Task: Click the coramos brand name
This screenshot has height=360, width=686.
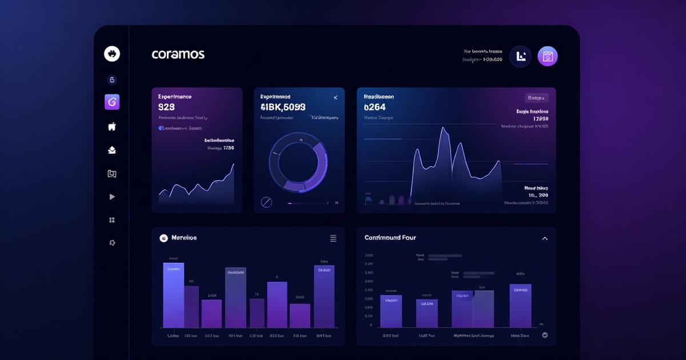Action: point(178,54)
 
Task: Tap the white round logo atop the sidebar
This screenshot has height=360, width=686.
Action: point(112,54)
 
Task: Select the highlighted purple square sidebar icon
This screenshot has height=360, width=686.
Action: point(112,102)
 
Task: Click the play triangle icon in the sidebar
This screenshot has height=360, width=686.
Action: point(112,197)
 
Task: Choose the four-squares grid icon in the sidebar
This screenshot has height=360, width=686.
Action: point(112,220)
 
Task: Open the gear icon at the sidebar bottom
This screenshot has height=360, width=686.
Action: point(112,243)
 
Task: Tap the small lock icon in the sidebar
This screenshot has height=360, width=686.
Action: point(112,79)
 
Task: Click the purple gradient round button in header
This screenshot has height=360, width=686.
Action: point(548,56)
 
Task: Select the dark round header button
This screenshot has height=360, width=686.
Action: point(520,56)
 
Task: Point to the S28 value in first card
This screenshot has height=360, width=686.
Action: point(166,107)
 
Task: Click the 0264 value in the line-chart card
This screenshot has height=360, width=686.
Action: point(374,107)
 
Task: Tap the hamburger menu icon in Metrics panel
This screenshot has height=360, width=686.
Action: point(333,238)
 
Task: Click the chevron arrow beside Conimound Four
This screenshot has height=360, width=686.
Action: point(544,238)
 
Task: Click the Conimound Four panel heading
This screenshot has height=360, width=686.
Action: point(390,238)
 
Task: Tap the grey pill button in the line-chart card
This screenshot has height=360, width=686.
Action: point(536,98)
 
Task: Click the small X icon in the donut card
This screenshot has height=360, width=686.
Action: point(335,98)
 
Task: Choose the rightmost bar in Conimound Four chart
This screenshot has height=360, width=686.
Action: point(520,306)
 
